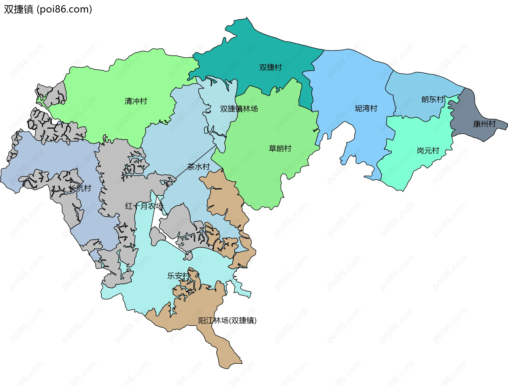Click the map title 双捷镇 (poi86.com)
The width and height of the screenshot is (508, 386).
[48, 9]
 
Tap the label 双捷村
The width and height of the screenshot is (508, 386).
[270, 67]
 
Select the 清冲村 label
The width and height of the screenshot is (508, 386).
[135, 101]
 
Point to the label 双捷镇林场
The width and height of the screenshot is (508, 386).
[239, 109]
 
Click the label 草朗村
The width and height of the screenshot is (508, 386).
[280, 148]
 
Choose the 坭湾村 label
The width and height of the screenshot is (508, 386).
[366, 108]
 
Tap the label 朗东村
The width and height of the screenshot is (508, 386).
[433, 99]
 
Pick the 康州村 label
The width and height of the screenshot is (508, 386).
[484, 124]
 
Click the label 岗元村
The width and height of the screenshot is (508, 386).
[428, 151]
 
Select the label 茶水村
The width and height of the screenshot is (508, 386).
[198, 167]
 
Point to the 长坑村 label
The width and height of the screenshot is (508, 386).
[80, 188]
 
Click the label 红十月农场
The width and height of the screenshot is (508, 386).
[144, 206]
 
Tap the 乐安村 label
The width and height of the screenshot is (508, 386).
[178, 276]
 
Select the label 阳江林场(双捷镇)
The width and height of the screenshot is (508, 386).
[227, 320]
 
